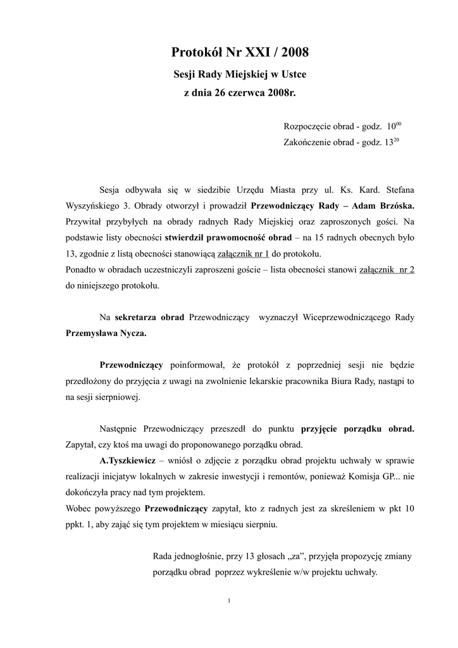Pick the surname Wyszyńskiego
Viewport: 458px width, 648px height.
[x=97, y=206]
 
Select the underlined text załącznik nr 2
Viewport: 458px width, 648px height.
[x=387, y=270]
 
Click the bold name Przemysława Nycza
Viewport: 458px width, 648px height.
[x=106, y=333]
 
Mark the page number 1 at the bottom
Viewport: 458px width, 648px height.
[x=228, y=601]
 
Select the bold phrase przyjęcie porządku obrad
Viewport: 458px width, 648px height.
[x=357, y=428]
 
